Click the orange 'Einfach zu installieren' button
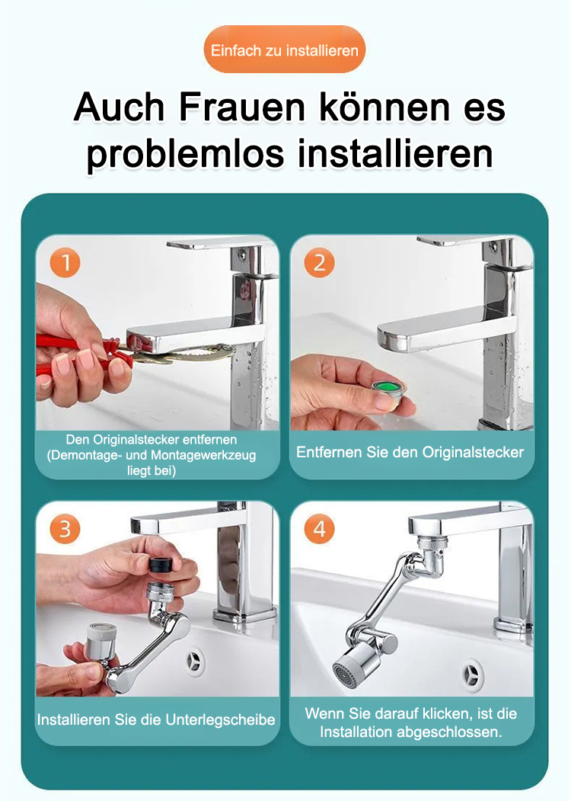[x=284, y=50]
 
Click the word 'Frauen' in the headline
[x=243, y=107]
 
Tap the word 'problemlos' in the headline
[x=185, y=153]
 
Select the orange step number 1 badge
[x=65, y=263]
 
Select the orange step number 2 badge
[x=319, y=263]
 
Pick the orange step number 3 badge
[x=65, y=529]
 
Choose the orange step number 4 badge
[x=319, y=529]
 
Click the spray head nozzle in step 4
[x=349, y=665]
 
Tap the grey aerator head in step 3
[x=100, y=641]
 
